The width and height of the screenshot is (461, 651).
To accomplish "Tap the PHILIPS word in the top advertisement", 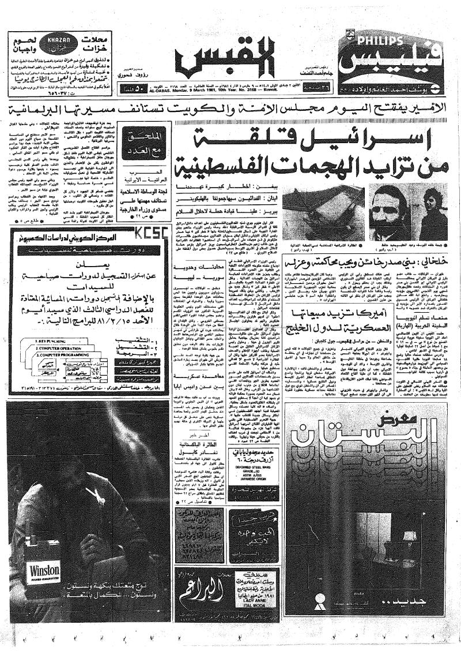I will tap(375, 41).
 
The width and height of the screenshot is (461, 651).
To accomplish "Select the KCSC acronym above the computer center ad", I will tap(145, 233).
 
